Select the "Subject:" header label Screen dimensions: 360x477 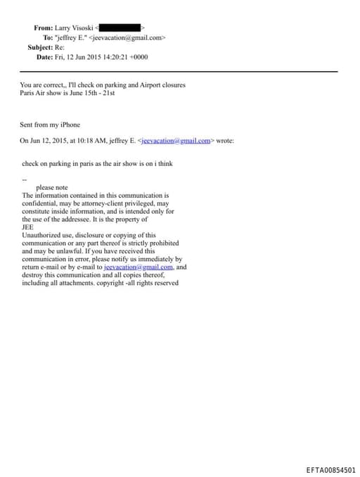pyautogui.click(x=40, y=47)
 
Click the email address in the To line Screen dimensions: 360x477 pyautogui.click(x=128, y=37)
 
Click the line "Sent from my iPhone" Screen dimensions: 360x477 pyautogui.click(x=50, y=125)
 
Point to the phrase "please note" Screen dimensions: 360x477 pyautogui.click(x=52, y=188)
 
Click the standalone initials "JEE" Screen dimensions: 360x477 pyautogui.click(x=28, y=227)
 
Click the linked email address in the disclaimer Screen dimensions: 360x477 pyautogui.click(x=138, y=267)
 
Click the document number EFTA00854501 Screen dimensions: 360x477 pyautogui.click(x=330, y=469)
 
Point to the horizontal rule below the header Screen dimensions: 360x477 pyautogui.click(x=179, y=72)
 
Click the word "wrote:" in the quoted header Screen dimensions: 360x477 pyautogui.click(x=225, y=141)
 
